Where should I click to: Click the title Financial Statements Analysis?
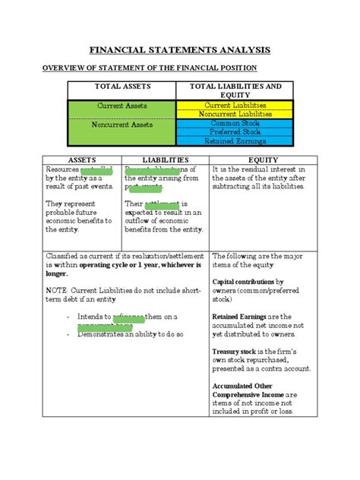click(180, 51)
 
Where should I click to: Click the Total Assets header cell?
click(122, 87)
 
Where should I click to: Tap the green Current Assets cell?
click(122, 106)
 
